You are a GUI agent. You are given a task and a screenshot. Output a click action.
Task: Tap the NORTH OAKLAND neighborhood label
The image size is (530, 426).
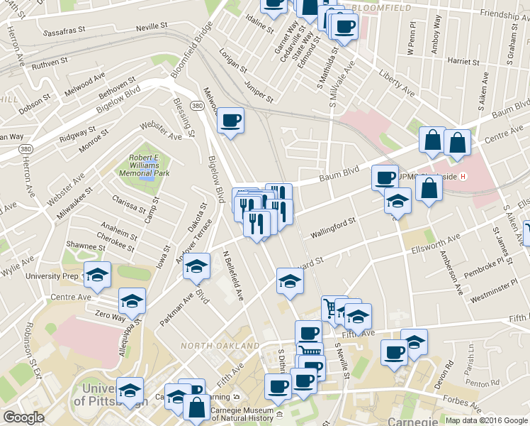pyautogui.click(x=220, y=345)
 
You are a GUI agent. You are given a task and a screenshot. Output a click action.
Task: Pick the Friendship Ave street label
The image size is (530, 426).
pyautogui.click(x=504, y=13)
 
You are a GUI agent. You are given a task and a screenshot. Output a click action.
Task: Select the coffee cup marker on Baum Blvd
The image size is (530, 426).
pyautogui.click(x=385, y=177)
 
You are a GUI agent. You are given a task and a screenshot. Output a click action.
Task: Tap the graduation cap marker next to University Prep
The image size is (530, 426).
pyautogui.click(x=97, y=274)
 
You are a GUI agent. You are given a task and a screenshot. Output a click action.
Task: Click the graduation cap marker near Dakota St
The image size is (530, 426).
pyautogui.click(x=197, y=266)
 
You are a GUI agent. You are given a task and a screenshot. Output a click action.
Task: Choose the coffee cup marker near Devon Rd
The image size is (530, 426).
pyautogui.click(x=394, y=352)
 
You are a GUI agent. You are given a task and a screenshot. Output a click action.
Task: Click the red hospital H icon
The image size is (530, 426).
pyautogui.click(x=463, y=176)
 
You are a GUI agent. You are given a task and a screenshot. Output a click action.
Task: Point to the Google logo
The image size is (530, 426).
pyautogui.click(x=24, y=418)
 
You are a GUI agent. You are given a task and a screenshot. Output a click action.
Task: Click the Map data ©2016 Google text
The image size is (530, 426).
pyautogui.click(x=486, y=420)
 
